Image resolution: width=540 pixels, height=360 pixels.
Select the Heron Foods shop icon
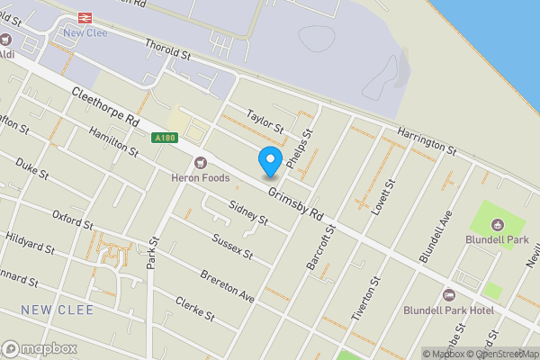point(201,163)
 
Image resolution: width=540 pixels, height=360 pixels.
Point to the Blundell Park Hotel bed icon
point(449,295)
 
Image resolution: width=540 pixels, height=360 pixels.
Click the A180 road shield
point(165,138)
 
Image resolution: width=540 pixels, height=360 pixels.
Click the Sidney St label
point(249,212)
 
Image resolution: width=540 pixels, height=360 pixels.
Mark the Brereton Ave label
point(228,285)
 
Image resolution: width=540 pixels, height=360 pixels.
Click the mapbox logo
point(40,348)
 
